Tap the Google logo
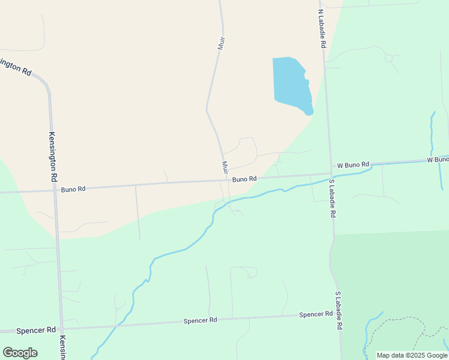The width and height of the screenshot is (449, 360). click(20, 352)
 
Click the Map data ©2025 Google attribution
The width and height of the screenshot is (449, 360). click(412, 355)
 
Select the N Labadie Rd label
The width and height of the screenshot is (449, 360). click(321, 29)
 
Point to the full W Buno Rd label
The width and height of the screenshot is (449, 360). click(353, 164)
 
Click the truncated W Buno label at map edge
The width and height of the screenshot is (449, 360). click(438, 160)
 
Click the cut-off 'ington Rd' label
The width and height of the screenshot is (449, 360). click(16, 67)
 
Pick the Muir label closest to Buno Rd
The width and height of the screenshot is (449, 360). click(224, 167)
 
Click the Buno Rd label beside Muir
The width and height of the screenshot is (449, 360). click(244, 179)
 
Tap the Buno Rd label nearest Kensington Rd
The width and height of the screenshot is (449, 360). click(73, 189)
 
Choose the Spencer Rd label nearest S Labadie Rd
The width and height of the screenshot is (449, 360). click(316, 314)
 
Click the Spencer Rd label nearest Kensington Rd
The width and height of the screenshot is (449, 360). click(36, 330)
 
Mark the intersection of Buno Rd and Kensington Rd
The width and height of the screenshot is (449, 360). click(55, 191)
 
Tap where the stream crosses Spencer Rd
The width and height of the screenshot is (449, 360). click(118, 325)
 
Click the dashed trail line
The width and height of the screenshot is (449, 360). click(408, 319)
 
